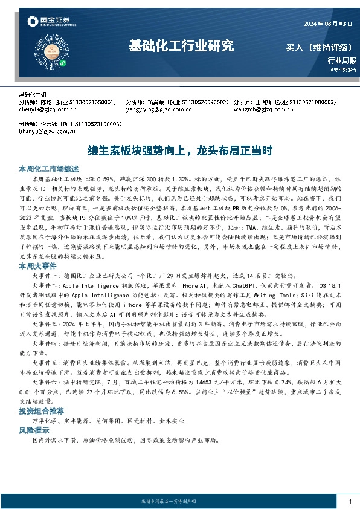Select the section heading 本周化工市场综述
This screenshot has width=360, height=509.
pyautogui.click(x=46, y=169)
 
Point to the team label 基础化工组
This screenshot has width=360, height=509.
pyautogui.click(x=33, y=96)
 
